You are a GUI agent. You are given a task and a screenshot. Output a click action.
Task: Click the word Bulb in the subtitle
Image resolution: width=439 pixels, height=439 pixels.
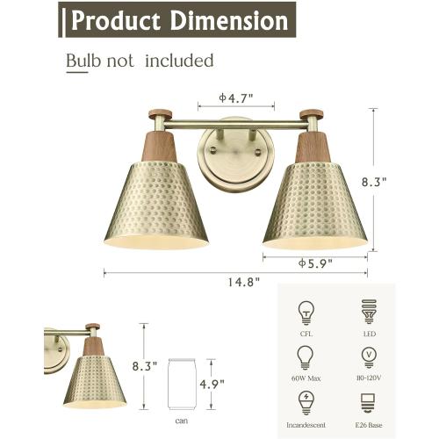[x=83, y=61]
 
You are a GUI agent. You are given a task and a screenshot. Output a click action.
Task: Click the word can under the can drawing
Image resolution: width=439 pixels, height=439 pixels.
[x=181, y=420]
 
